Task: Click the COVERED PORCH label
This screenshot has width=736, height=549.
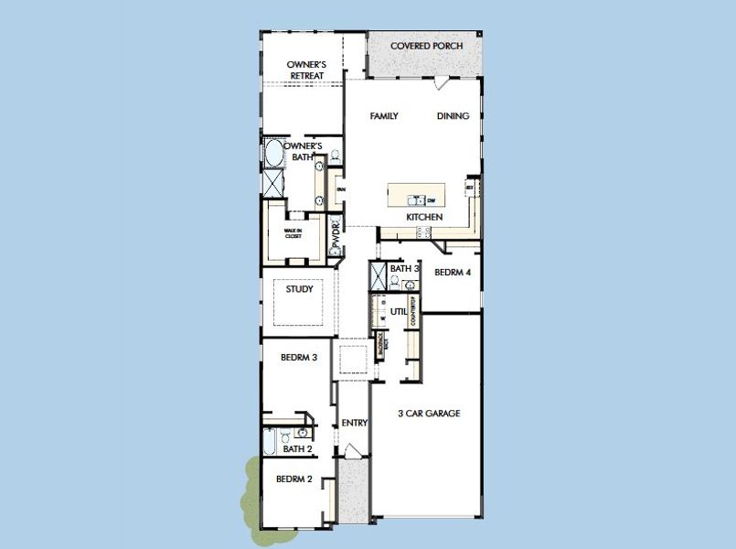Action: click(x=426, y=46)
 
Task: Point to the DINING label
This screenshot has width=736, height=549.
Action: click(x=453, y=116)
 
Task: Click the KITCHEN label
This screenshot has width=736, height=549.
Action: click(x=425, y=217)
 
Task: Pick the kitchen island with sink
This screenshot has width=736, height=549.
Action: click(x=416, y=195)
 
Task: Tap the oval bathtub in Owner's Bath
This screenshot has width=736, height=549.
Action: click(x=274, y=153)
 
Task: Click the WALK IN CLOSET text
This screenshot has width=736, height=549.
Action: click(x=293, y=232)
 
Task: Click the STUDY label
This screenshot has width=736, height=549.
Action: click(x=299, y=289)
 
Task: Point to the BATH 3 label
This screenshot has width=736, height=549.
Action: click(x=404, y=269)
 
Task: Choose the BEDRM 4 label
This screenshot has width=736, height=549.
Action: click(x=453, y=273)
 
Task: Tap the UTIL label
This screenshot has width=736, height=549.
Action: click(x=399, y=312)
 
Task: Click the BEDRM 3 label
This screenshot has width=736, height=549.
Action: click(x=298, y=357)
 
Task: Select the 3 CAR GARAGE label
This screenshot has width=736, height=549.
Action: click(x=429, y=414)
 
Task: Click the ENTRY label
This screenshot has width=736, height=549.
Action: click(x=354, y=423)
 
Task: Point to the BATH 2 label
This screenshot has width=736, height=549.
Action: click(x=298, y=449)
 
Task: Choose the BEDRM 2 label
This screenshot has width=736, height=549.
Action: click(x=294, y=479)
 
